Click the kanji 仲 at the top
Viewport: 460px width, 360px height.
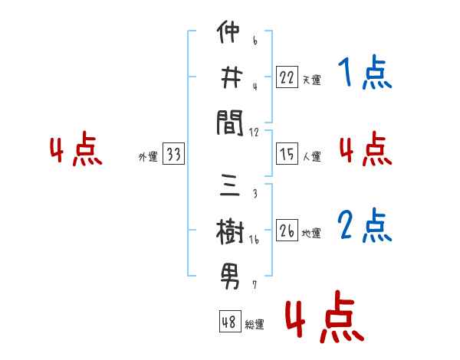[x=230, y=35]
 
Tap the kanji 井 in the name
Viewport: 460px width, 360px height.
[x=230, y=77]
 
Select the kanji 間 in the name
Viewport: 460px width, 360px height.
[x=230, y=122]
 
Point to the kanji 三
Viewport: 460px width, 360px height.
[x=230, y=187]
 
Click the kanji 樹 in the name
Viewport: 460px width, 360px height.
[x=230, y=231]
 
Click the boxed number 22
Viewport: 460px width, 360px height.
[x=287, y=77]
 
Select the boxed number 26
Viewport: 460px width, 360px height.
[x=287, y=231]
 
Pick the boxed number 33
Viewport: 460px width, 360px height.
[x=173, y=155]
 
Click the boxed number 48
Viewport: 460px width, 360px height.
[x=229, y=322]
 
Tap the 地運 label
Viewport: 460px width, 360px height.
[x=311, y=234]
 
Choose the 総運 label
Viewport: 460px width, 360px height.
[x=255, y=325]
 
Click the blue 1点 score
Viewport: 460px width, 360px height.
[x=365, y=75]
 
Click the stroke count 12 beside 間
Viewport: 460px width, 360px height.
[x=255, y=133]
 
